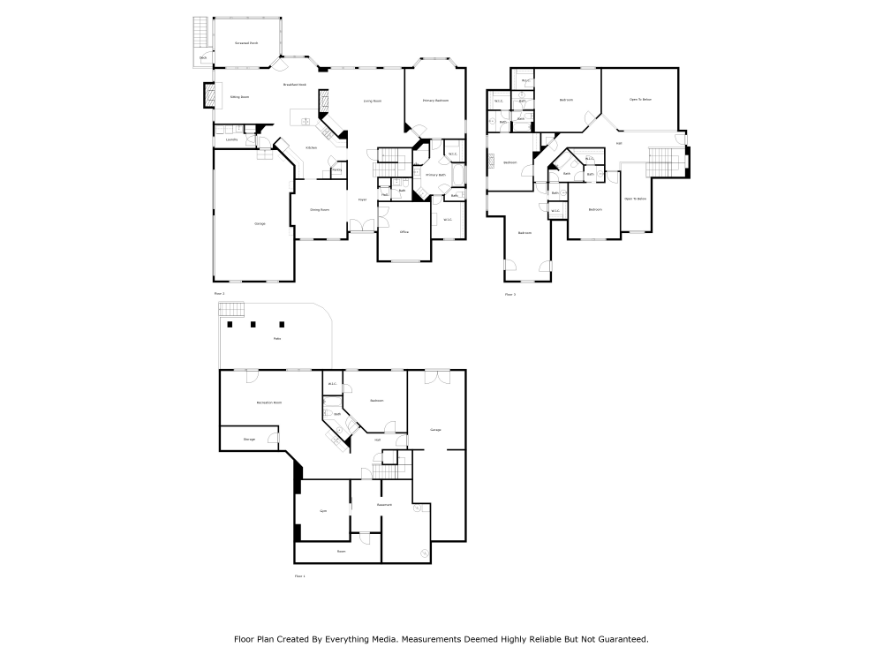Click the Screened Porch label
tap(246, 42)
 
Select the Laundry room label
tap(231, 139)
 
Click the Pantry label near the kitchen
tap(336, 169)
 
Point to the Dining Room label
tap(319, 210)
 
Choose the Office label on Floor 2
tap(404, 231)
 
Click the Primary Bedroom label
tap(435, 101)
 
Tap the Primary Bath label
tap(435, 176)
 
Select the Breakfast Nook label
tap(294, 85)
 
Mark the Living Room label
tap(372, 101)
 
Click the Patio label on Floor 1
tap(276, 339)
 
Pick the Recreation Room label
tap(268, 402)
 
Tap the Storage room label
tap(249, 438)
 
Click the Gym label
tap(323, 511)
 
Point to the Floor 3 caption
tap(509, 294)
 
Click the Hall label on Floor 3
tap(618, 143)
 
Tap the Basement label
tap(384, 505)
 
